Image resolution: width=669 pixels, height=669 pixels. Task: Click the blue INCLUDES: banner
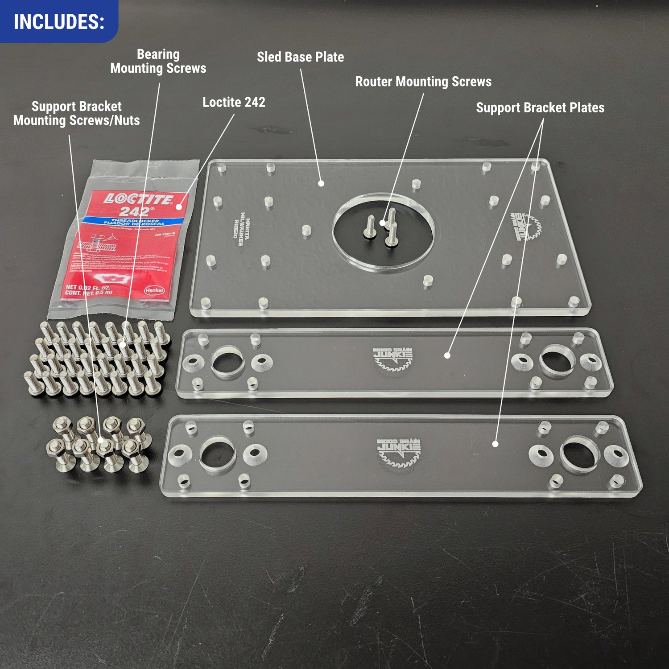pyautogui.click(x=59, y=21)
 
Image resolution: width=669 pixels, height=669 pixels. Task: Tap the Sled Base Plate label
pyautogui.click(x=300, y=57)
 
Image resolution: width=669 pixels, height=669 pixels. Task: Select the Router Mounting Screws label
pyautogui.click(x=423, y=82)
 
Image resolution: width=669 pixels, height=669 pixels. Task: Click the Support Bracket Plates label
pyautogui.click(x=540, y=107)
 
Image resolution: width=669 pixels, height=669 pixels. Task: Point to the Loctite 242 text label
pyautogui.click(x=234, y=102)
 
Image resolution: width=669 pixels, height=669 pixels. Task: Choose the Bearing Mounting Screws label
pyautogui.click(x=158, y=62)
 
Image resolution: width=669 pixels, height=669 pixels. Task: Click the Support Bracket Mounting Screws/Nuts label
pyautogui.click(x=76, y=113)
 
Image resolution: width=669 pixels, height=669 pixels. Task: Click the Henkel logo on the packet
pyautogui.click(x=154, y=290)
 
